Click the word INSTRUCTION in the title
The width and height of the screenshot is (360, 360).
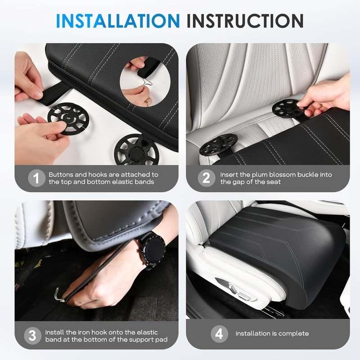[x=245, y=21]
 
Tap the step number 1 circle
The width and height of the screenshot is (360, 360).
[x=36, y=178]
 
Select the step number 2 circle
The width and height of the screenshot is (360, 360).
[x=206, y=178]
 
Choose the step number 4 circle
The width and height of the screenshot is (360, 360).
[x=219, y=334]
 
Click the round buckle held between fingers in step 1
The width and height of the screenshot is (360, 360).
[x=67, y=119]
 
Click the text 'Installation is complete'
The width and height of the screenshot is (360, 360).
[x=272, y=333]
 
